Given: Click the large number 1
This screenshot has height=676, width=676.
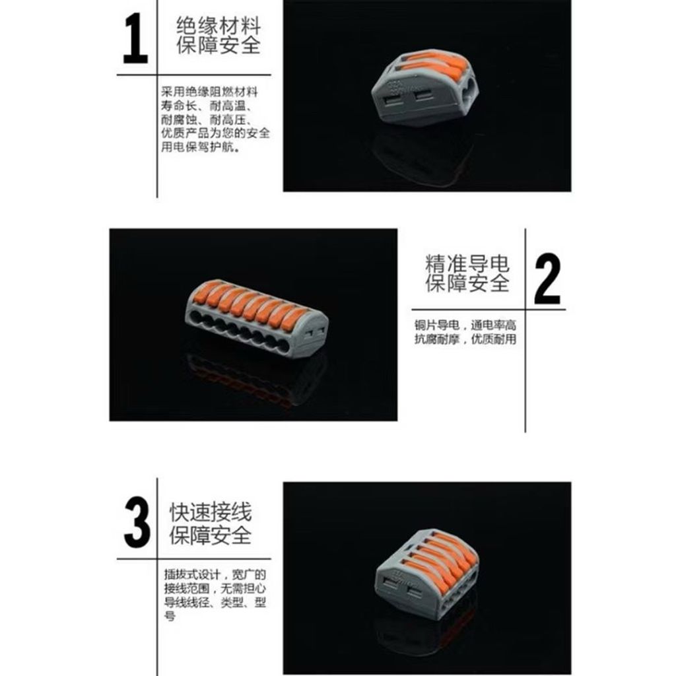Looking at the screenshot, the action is click(136, 38).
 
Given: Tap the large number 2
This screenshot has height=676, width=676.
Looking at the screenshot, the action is click(547, 279).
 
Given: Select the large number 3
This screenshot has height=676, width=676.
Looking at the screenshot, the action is click(137, 523).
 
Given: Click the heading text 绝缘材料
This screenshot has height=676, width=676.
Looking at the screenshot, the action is click(219, 26).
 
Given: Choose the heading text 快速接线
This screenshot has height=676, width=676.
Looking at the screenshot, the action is click(211, 512).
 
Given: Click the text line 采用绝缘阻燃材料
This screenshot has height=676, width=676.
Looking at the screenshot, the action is click(210, 92).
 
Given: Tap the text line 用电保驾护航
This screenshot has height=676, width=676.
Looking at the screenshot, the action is click(201, 147).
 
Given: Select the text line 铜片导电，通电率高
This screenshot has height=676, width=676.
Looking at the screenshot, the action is click(465, 325).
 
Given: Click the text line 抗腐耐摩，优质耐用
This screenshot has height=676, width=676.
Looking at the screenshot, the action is click(465, 339).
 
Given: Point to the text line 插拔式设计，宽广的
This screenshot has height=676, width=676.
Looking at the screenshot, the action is click(215, 575).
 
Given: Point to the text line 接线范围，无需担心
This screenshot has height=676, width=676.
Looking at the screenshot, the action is click(215, 588).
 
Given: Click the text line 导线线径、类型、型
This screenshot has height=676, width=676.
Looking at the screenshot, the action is click(215, 602).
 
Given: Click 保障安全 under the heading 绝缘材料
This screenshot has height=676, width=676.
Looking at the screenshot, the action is click(219, 46).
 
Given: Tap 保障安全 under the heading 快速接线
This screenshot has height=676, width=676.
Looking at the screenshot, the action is click(211, 535).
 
